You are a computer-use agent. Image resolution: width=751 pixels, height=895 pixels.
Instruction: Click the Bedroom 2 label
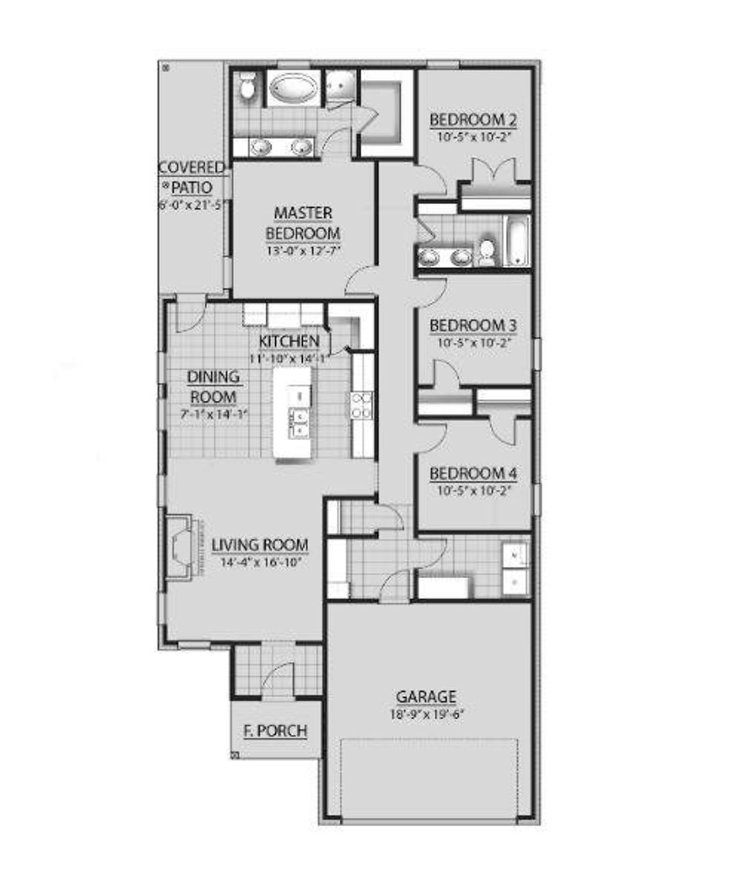[x=473, y=120]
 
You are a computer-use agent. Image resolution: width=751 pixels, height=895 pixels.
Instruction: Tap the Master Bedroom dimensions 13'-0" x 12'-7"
[x=303, y=250]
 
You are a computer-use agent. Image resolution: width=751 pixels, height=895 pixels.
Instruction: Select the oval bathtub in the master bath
[x=293, y=88]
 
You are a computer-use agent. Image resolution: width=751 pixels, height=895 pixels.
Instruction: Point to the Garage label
[x=426, y=697]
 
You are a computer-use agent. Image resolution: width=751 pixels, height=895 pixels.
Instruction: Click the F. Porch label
[x=275, y=731]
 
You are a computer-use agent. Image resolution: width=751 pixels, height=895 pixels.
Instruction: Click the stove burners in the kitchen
[x=361, y=405]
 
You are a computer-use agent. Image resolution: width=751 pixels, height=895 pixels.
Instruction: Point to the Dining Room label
[x=213, y=386]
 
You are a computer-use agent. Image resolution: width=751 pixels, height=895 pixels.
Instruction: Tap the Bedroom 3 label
[x=473, y=326]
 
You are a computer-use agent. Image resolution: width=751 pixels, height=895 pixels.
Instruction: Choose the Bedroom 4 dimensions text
[x=475, y=490]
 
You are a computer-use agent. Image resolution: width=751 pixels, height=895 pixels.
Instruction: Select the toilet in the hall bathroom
[x=486, y=251]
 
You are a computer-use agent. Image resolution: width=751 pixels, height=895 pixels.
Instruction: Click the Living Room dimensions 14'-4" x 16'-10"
[x=261, y=562]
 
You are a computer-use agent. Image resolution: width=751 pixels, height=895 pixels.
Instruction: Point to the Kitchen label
[x=289, y=341]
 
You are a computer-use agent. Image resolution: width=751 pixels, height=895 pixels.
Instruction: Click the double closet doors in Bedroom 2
[x=494, y=171]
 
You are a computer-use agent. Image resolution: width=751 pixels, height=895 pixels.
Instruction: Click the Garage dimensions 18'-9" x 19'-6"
[x=427, y=714]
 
